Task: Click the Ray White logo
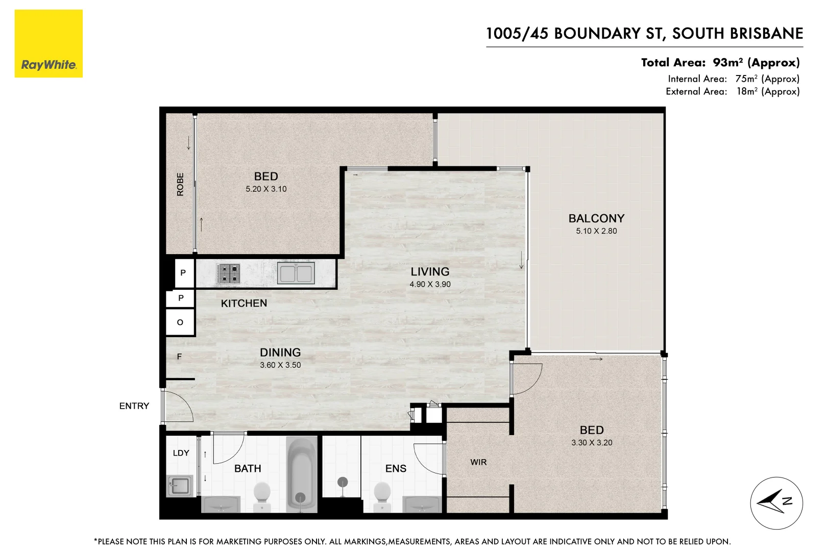pos(48,44)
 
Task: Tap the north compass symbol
pos(776,503)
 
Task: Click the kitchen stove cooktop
pos(228,273)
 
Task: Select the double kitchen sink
pos(296,273)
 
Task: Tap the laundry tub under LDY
pos(179,486)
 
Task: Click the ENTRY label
pos(134,406)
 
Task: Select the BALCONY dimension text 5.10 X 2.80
pos(596,231)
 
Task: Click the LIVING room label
pos(430,272)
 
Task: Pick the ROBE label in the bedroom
pos(180,184)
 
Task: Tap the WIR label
pos(478,462)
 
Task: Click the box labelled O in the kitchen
pos(180,322)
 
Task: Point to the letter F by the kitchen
pos(179,357)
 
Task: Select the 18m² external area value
pos(746,91)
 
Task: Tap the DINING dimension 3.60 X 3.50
pos(280,365)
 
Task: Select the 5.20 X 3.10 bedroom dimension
pos(266,189)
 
